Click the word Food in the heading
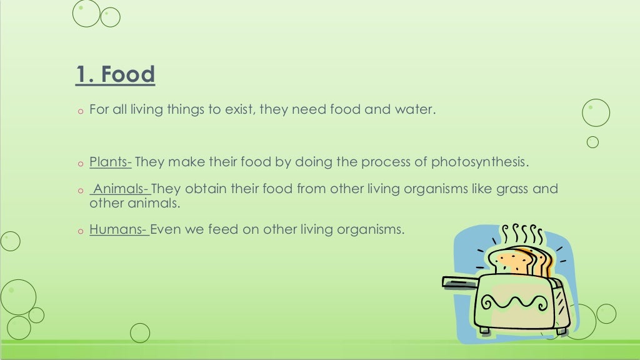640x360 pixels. click(129, 75)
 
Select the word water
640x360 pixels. click(413, 110)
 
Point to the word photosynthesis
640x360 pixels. click(479, 162)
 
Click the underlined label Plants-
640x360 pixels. click(111, 162)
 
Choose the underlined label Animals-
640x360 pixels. click(121, 189)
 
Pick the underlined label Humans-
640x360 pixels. click(119, 229)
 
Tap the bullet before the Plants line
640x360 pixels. click(80, 164)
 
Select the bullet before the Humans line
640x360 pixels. click(80, 231)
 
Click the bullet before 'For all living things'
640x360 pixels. click(80, 111)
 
